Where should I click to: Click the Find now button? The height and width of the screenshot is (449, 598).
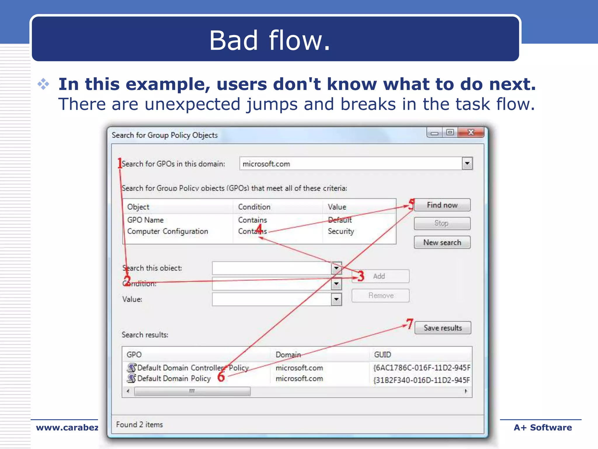[x=442, y=205]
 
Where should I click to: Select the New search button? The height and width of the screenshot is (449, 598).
[x=442, y=242]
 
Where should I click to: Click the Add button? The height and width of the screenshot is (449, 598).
[x=380, y=276]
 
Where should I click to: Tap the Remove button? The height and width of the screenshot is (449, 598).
[x=380, y=296]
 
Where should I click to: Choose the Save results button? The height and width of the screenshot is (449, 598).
[x=443, y=328]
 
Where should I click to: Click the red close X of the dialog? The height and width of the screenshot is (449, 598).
[x=471, y=132]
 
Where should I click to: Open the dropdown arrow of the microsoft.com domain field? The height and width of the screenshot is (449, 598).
[x=467, y=163]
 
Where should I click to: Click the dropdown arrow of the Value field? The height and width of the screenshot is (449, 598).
[x=336, y=299]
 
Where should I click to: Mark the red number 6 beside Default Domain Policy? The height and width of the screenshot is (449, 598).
[x=221, y=377]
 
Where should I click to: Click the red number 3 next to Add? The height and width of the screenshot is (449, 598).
[x=361, y=276]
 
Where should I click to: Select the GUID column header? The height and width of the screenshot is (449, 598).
[x=383, y=355]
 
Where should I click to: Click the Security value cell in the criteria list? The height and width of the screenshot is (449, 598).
[x=341, y=231]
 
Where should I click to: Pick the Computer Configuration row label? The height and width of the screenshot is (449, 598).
[x=168, y=231]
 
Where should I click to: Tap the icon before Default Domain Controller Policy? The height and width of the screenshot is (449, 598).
[x=132, y=367]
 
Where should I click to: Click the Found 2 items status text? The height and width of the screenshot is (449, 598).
[x=140, y=424]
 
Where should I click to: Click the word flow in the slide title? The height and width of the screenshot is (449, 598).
[x=300, y=41]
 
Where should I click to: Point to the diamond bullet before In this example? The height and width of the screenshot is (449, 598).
[x=44, y=84]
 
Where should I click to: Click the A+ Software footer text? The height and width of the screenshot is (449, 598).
[x=543, y=428]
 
